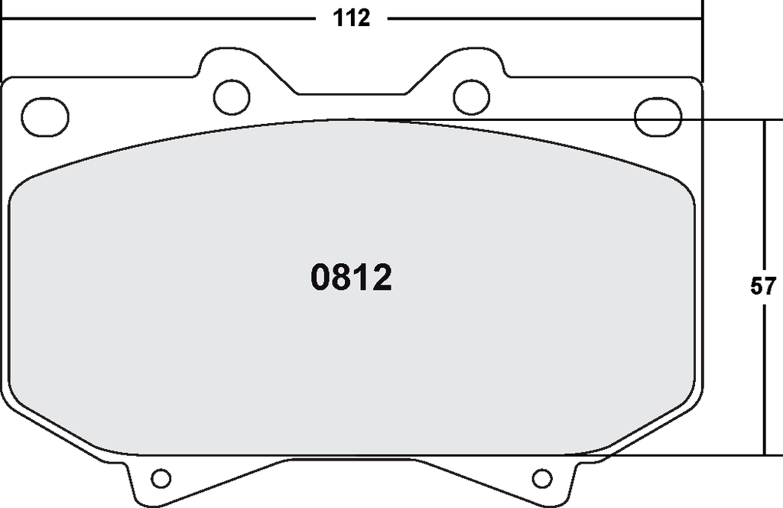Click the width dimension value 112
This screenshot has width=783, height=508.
pyautogui.click(x=352, y=18)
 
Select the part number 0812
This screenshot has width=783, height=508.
pyautogui.click(x=351, y=278)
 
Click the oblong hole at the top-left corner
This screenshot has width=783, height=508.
pyautogui.click(x=45, y=117)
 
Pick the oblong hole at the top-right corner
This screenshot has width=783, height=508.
pyautogui.click(x=658, y=117)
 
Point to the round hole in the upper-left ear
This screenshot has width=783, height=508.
pyautogui.click(x=231, y=97)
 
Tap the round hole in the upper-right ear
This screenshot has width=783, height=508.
pyautogui.click(x=471, y=97)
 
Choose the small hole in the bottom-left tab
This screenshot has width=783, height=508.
pyautogui.click(x=161, y=478)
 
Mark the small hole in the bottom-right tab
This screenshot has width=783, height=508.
pyautogui.click(x=542, y=478)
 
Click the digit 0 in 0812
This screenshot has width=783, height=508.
pyautogui.click(x=320, y=278)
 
